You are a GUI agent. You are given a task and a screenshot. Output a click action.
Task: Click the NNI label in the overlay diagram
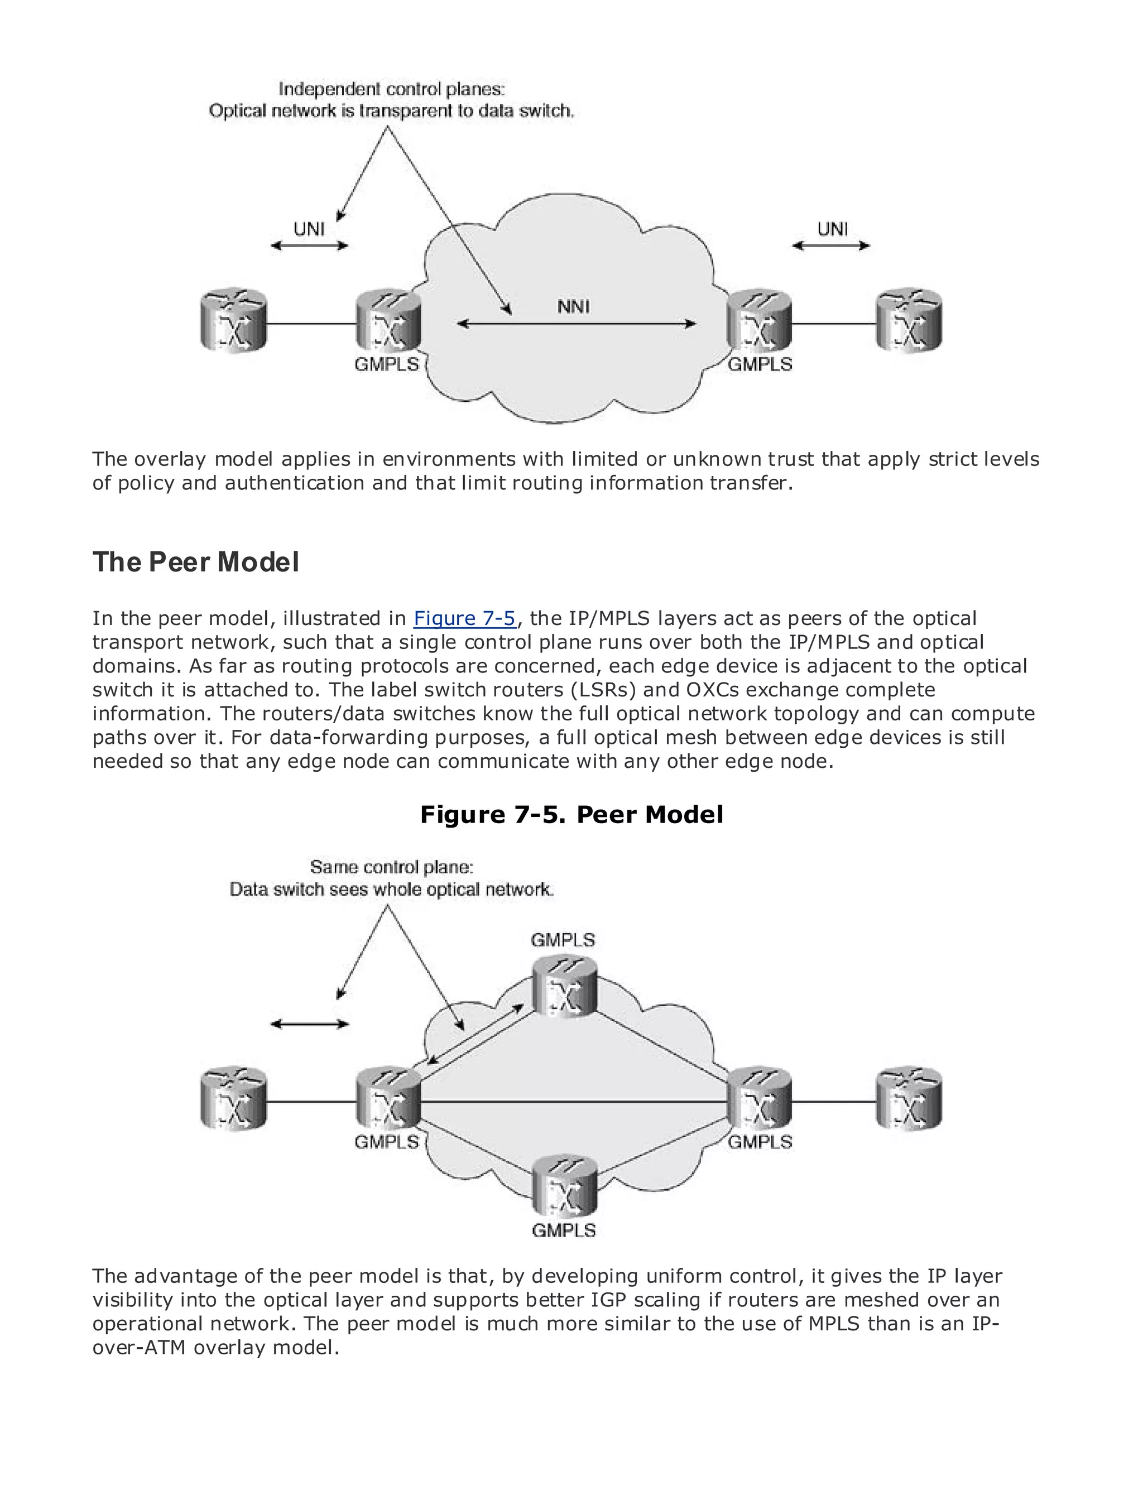[573, 307]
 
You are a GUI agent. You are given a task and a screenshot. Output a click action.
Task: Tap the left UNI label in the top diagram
[309, 229]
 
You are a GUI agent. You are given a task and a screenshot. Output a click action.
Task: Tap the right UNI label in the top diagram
[832, 229]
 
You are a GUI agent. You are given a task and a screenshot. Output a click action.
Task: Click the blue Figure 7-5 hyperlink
[465, 618]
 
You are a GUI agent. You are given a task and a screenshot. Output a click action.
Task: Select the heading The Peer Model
[195, 562]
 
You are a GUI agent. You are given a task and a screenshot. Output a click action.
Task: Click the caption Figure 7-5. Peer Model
[571, 814]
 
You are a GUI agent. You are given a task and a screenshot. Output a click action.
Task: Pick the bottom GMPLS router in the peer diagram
[564, 1185]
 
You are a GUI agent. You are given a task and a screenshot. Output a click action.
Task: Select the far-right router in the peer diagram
[908, 1100]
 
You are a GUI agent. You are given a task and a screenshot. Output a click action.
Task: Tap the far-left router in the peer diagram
[233, 1100]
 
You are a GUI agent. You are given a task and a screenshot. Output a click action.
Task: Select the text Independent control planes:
[391, 89]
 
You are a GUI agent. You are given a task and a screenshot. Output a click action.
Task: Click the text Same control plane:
[391, 867]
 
